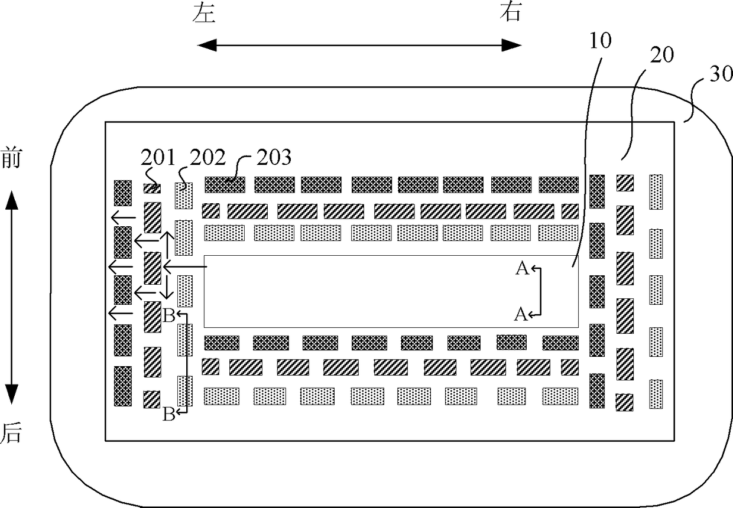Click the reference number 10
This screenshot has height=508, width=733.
[601, 41]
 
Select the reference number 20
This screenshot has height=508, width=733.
[661, 54]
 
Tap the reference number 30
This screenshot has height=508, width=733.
[721, 74]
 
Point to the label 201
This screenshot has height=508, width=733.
[158, 157]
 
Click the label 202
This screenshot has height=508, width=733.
[208, 157]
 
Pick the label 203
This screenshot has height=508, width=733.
[274, 157]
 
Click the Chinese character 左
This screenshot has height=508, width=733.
[204, 13]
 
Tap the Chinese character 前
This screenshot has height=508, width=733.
[11, 157]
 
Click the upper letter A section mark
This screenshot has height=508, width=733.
[523, 269]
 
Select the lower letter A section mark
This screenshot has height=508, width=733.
[521, 314]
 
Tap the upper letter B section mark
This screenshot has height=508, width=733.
[169, 316]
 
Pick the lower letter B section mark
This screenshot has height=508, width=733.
[169, 415]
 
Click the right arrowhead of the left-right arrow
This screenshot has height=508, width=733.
[512, 45]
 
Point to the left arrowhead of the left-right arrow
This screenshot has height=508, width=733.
[206, 45]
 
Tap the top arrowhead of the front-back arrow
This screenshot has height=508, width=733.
[11, 200]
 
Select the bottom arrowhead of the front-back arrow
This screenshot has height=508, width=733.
[11, 395]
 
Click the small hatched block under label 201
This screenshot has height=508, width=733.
[152, 188]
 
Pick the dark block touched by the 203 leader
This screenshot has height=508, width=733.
[225, 185]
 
